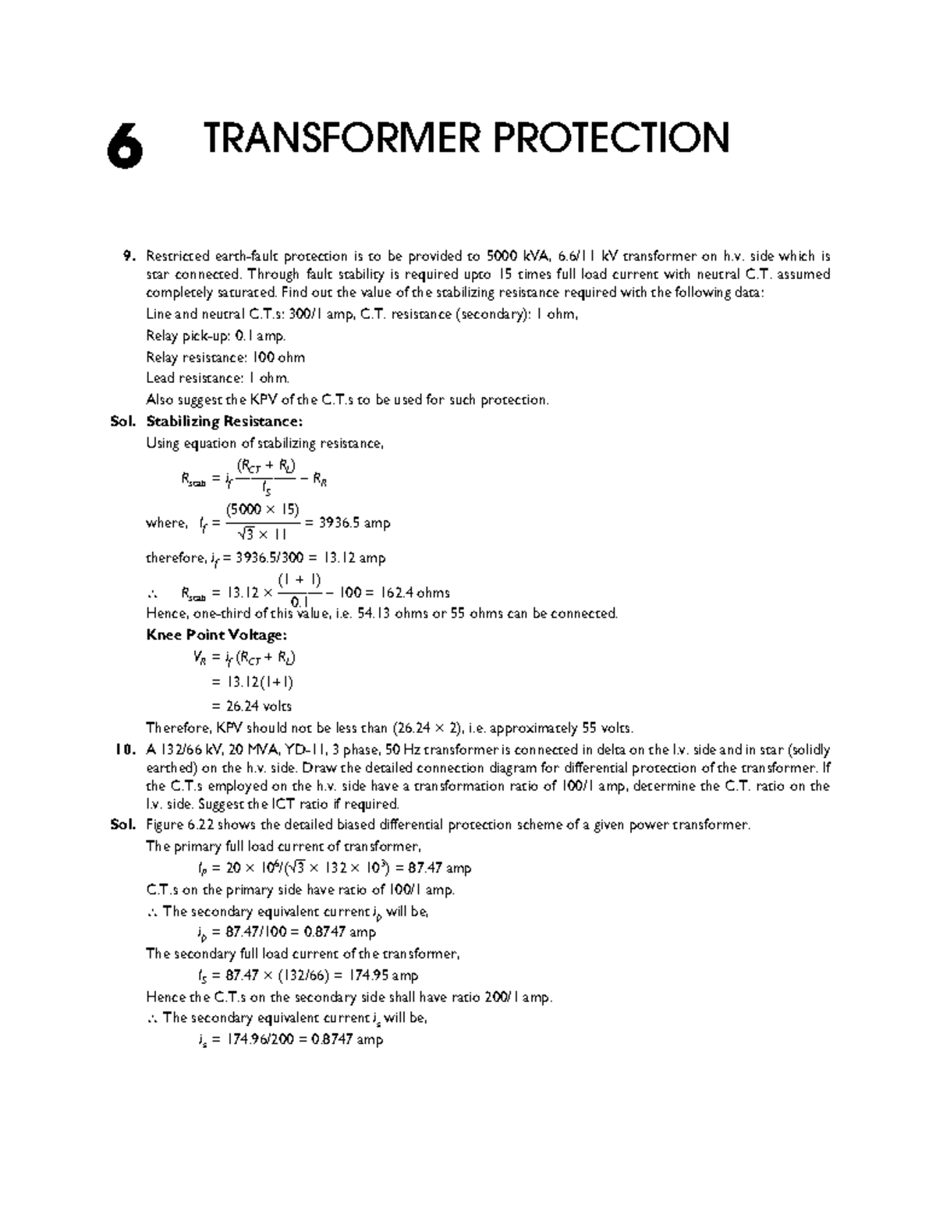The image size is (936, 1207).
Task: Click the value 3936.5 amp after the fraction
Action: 354,522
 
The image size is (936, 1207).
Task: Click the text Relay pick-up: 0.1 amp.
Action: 216,336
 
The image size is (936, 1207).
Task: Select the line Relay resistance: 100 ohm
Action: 225,357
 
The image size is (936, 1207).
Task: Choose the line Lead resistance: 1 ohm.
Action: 218,378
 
